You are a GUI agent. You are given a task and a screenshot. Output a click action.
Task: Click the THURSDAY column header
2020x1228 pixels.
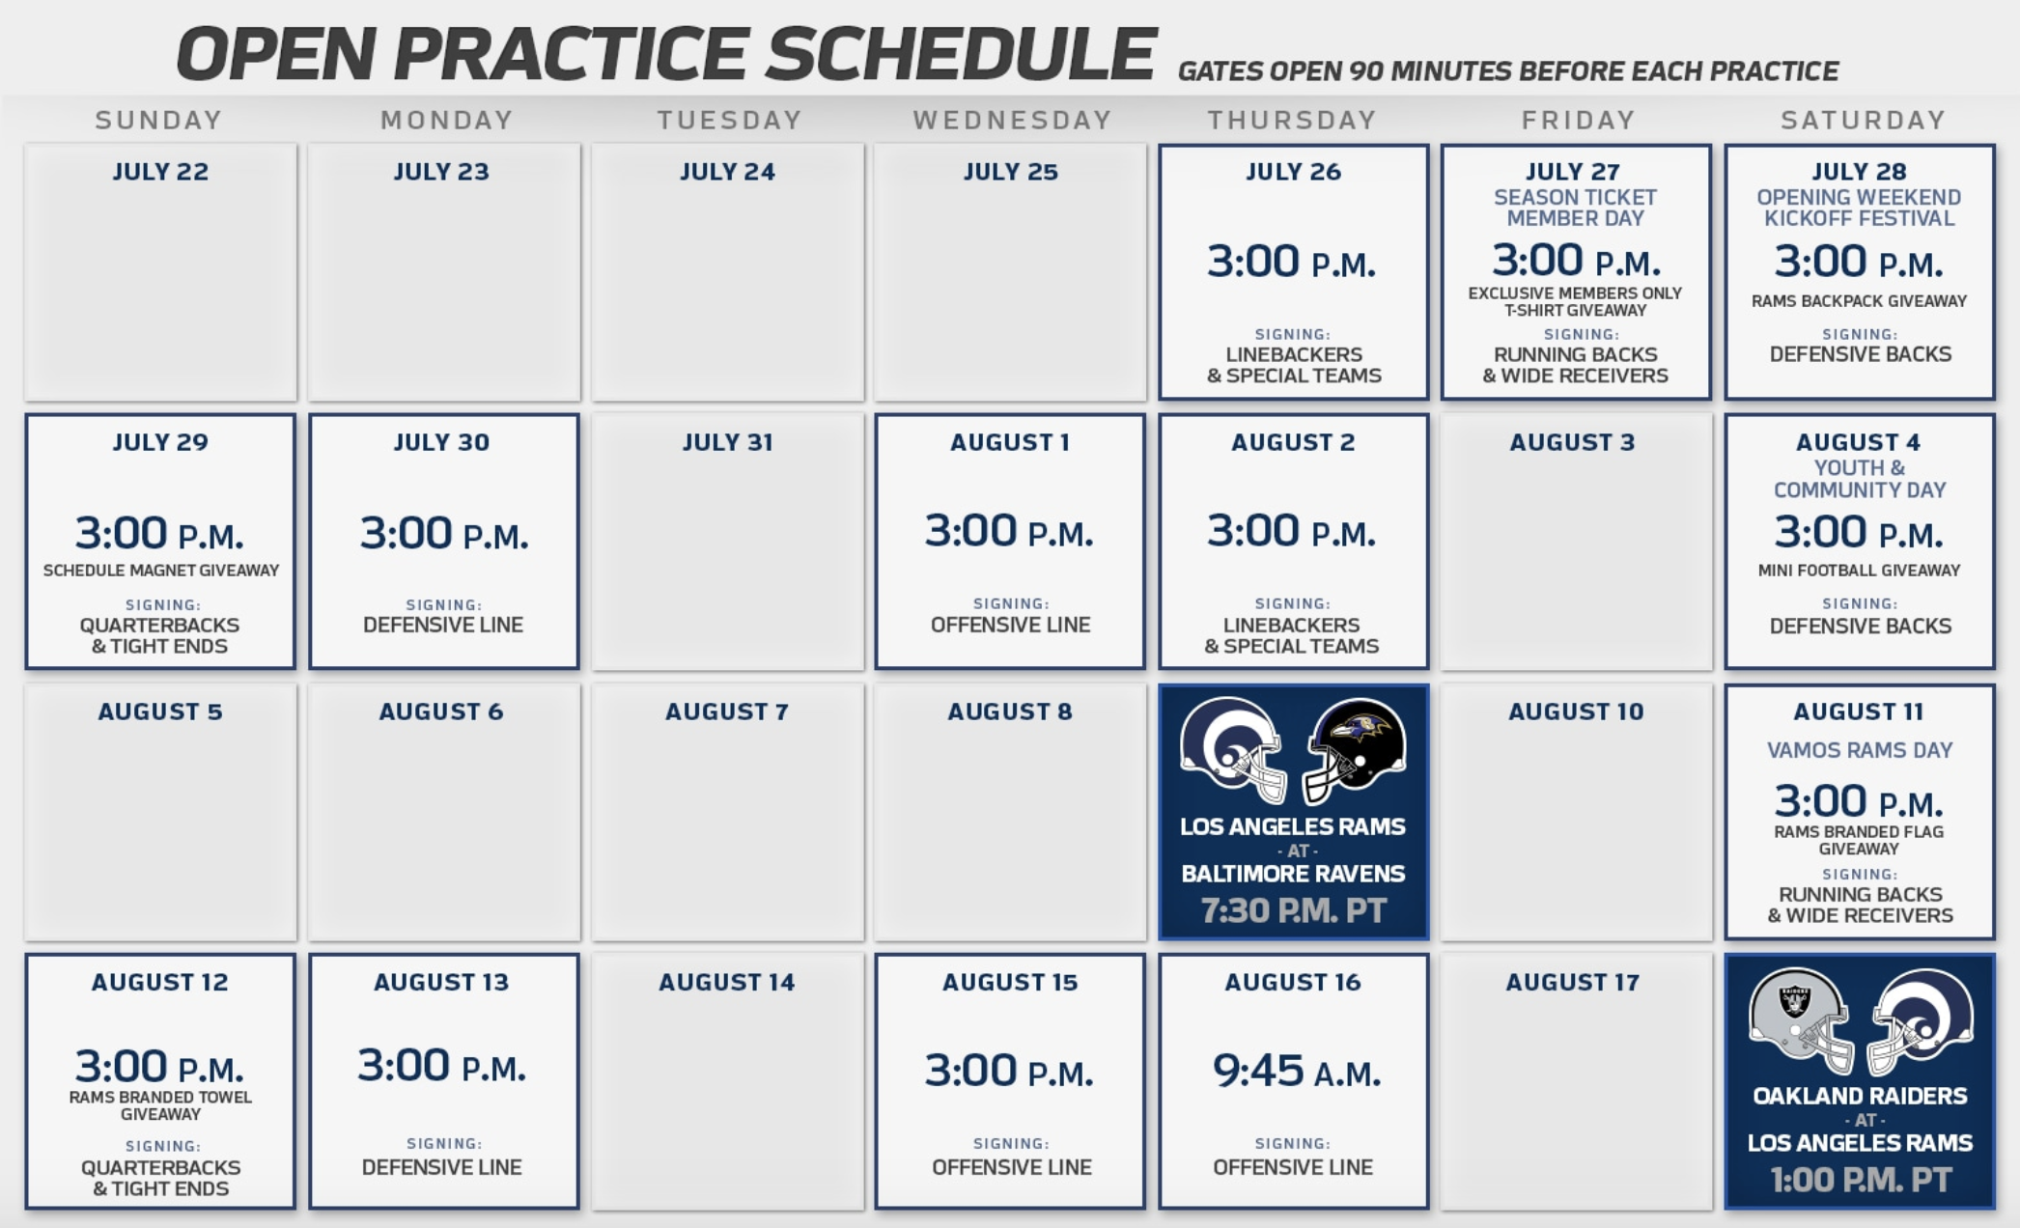[x=1292, y=120]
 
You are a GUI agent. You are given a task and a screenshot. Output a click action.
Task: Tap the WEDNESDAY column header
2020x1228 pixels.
[x=1013, y=120]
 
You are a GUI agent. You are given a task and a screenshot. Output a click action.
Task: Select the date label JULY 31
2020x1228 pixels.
[x=727, y=442]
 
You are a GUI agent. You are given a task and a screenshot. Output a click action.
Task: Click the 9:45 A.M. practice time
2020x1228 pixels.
[x=1296, y=1071]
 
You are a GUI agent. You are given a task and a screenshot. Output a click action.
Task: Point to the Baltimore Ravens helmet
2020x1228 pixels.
[x=1354, y=750]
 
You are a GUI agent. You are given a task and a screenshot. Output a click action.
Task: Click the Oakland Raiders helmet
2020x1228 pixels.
[x=1800, y=1020]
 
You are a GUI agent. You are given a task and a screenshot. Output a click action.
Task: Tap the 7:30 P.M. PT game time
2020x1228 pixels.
[x=1293, y=910]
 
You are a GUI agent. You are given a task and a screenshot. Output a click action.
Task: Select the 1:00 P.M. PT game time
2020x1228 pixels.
[x=1861, y=1180]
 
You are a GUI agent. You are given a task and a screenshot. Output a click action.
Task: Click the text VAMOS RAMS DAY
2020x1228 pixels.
[x=1860, y=750]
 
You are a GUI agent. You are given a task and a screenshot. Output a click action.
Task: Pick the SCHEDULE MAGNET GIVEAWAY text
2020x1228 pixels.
[x=161, y=571]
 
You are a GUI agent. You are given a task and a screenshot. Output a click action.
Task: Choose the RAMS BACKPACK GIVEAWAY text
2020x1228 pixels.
[x=1859, y=301]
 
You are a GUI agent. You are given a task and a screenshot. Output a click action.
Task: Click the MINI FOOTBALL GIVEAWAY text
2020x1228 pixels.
[x=1859, y=571]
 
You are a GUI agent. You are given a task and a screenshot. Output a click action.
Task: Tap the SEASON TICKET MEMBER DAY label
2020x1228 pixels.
[x=1575, y=208]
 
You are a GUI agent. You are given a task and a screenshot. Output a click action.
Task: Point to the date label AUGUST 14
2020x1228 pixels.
[x=726, y=983]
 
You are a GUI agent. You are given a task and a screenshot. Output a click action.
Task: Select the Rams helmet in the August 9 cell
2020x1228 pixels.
[x=1232, y=750]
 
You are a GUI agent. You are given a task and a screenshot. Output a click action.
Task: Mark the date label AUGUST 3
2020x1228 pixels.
[x=1572, y=442]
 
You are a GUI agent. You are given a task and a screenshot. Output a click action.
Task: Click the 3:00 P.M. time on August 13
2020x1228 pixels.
[x=442, y=1066]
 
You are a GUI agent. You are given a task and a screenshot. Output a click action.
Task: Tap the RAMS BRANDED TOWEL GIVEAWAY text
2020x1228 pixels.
[x=160, y=1105]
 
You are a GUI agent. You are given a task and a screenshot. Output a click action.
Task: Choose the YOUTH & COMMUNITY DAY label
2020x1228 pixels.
[x=1860, y=479]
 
